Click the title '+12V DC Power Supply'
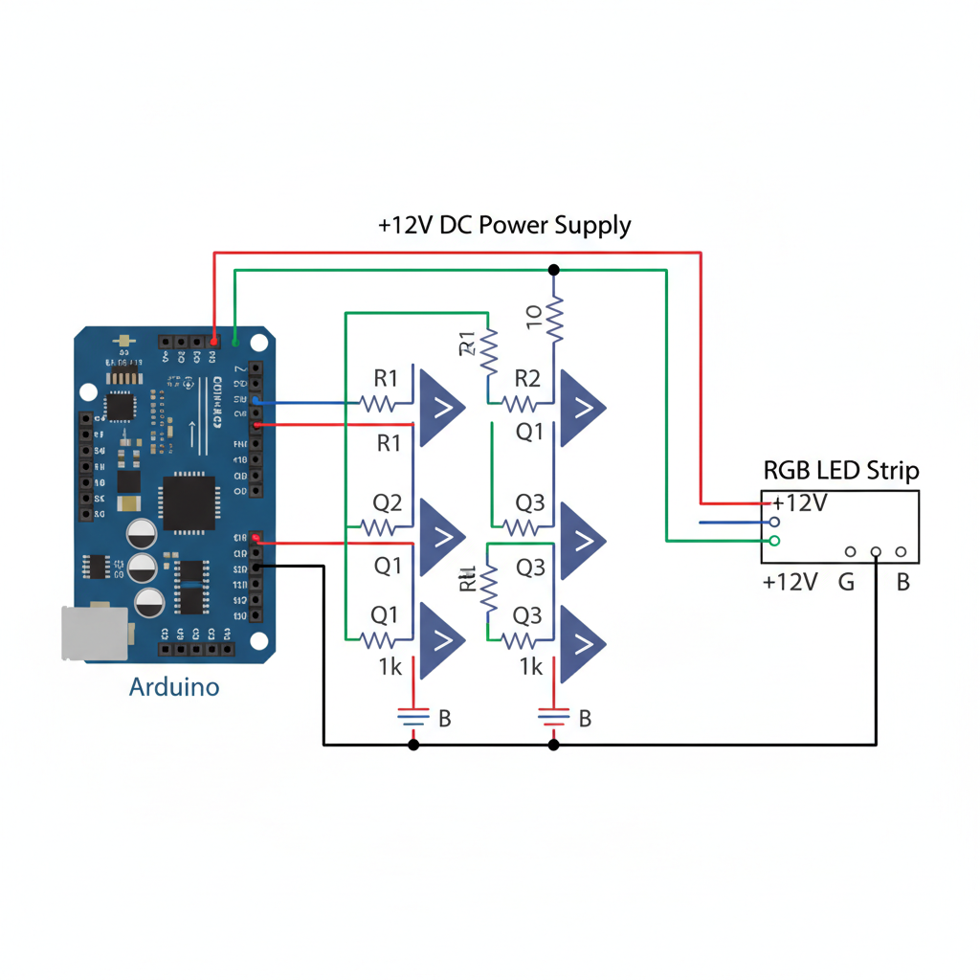[504, 226]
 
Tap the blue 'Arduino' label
[173, 686]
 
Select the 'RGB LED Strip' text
[841, 470]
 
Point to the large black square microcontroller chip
[189, 501]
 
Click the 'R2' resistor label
[528, 378]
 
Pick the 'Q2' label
[387, 503]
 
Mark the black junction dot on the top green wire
[553, 270]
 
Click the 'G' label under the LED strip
[846, 581]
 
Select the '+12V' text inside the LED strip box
[800, 502]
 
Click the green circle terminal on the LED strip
[774, 541]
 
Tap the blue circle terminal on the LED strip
[774, 523]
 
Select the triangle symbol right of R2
[583, 408]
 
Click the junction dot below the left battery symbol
[413, 744]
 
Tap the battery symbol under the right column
[553, 715]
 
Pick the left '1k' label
[389, 667]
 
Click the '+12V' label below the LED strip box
[790, 581]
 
